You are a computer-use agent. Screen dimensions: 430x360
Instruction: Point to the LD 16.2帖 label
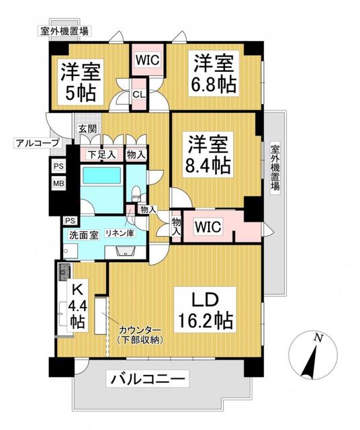(x=206, y=309)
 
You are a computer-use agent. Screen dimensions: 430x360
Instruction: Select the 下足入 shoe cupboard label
(x=101, y=155)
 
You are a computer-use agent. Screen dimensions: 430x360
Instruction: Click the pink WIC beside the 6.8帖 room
(x=147, y=59)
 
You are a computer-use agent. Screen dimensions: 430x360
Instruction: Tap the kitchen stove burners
(x=65, y=273)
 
